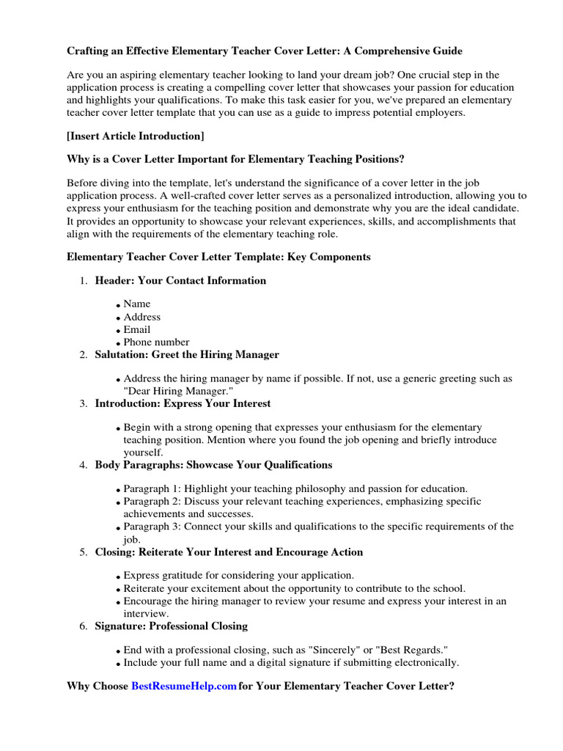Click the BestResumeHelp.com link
point(184,686)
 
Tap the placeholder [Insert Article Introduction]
point(136,136)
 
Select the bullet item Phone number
point(156,342)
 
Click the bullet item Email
point(137,329)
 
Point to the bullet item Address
point(142,317)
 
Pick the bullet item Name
point(137,304)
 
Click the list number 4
point(84,465)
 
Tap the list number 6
point(84,626)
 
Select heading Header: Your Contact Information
point(180,280)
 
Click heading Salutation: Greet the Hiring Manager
point(187,354)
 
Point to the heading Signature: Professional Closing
point(171,626)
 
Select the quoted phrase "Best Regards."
point(411,651)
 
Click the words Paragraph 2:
point(152,502)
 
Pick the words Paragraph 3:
point(152,527)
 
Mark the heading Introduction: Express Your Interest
point(183,403)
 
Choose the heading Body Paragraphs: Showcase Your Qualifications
point(213,464)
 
